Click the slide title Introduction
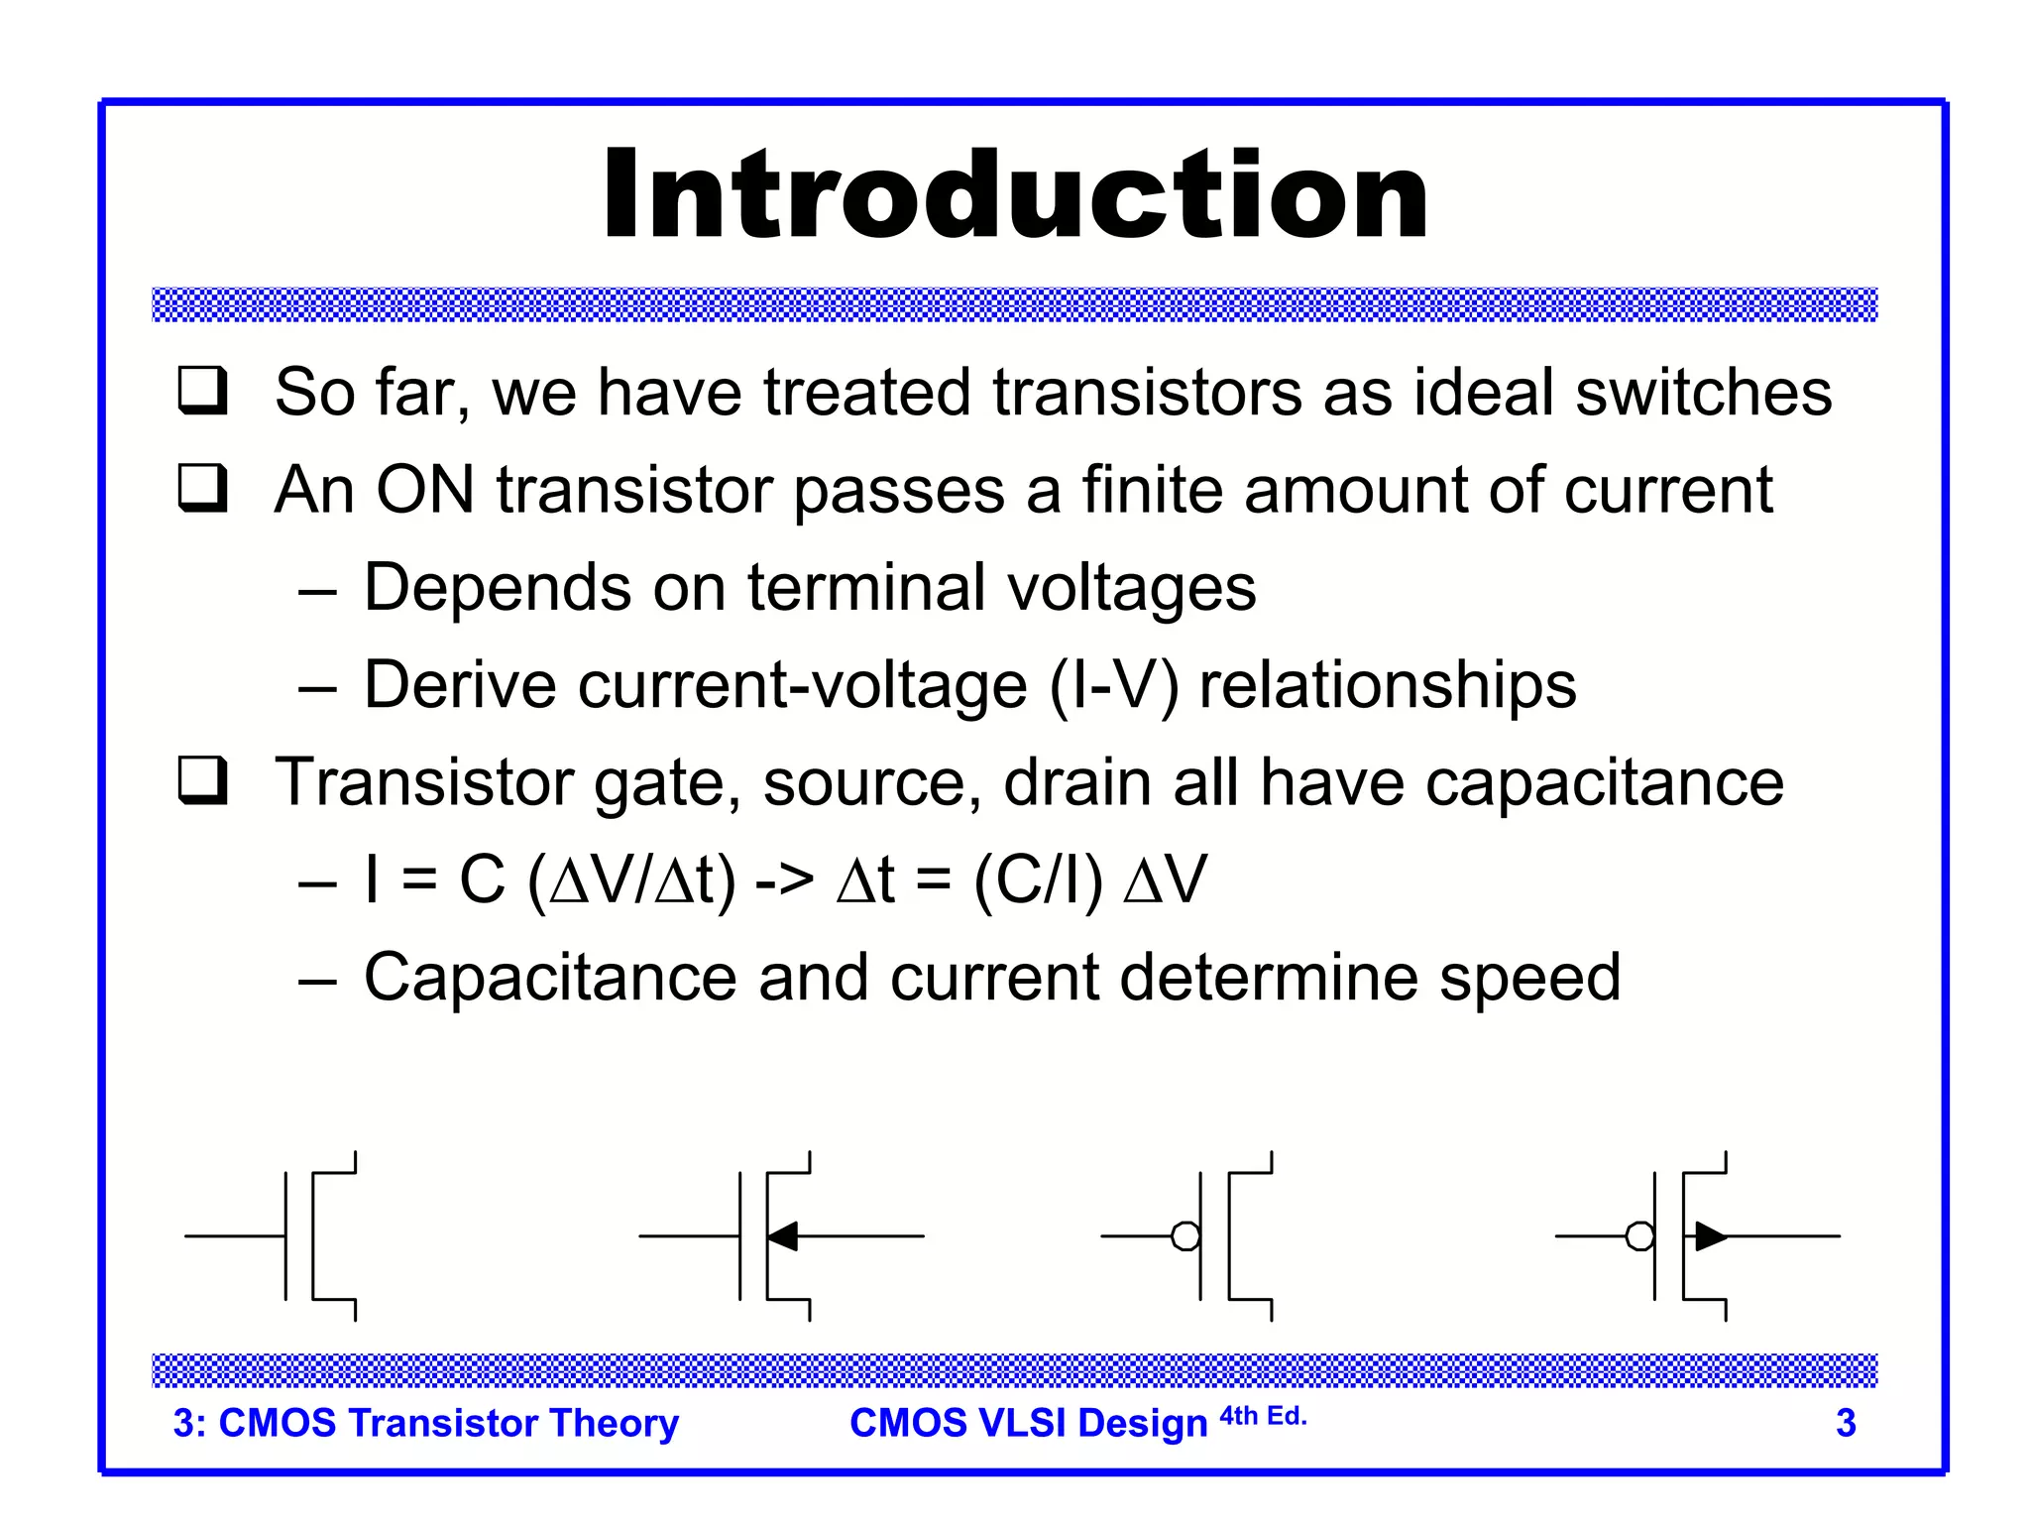click(x=1015, y=195)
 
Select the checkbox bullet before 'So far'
click(x=203, y=391)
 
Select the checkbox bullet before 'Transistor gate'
click(x=203, y=781)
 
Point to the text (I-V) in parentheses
click(x=1113, y=686)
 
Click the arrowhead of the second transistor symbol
click(x=783, y=1236)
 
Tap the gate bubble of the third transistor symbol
click(x=1185, y=1236)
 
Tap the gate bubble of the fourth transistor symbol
click(x=1640, y=1236)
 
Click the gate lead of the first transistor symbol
click(x=234, y=1236)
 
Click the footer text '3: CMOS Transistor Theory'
click(x=425, y=1423)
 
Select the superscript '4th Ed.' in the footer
click(x=1263, y=1416)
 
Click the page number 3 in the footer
click(x=1846, y=1424)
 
